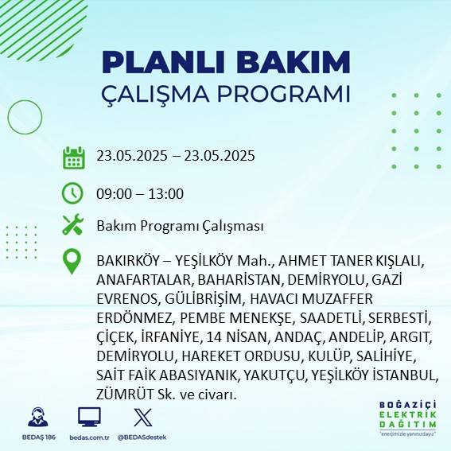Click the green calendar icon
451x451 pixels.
pyautogui.click(x=73, y=157)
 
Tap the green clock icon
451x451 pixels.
pyautogui.click(x=73, y=193)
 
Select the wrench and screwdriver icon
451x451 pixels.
pyautogui.click(x=73, y=226)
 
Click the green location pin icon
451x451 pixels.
pyautogui.click(x=73, y=262)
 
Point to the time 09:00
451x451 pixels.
pyautogui.click(x=113, y=193)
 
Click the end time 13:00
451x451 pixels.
pyautogui.click(x=167, y=193)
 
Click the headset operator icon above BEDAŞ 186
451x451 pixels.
pyautogui.click(x=35, y=417)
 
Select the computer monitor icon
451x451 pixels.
pyautogui.click(x=88, y=417)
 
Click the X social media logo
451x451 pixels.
pyautogui.click(x=142, y=417)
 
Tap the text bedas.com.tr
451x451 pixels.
pyautogui.click(x=88, y=437)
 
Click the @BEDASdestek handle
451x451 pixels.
pyautogui.click(x=142, y=437)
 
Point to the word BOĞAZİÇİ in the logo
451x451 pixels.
pyautogui.click(x=409, y=404)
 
